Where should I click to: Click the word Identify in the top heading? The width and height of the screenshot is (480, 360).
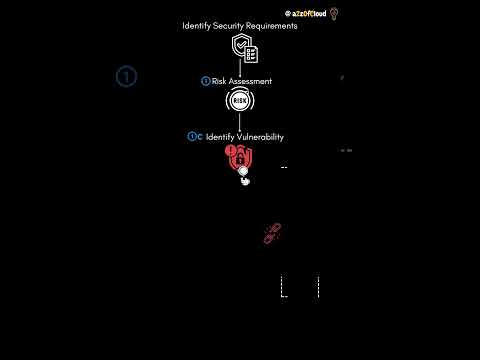coord(197,26)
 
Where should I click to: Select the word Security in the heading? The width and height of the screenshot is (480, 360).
coord(233,26)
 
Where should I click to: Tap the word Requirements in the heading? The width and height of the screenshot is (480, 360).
coord(276,26)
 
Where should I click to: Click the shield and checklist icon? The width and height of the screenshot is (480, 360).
coord(243,47)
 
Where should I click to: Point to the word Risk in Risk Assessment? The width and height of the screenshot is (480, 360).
coord(220,81)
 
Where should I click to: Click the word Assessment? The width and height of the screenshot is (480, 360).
coord(250,81)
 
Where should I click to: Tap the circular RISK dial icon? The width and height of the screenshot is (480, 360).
coord(240,100)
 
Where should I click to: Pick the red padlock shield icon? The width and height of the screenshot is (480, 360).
coord(241,157)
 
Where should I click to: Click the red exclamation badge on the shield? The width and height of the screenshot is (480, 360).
coord(232,150)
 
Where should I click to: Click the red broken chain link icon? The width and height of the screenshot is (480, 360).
coord(272,233)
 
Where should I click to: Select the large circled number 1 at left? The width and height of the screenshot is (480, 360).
coord(126,76)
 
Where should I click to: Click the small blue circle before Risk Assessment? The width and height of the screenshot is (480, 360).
coord(206,81)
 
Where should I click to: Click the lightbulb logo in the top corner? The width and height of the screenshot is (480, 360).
coord(334,14)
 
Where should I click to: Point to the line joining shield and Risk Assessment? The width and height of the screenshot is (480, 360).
coord(240,68)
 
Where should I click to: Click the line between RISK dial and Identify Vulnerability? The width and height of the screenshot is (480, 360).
coord(240,121)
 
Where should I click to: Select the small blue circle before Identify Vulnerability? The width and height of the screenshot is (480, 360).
coord(192,137)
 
